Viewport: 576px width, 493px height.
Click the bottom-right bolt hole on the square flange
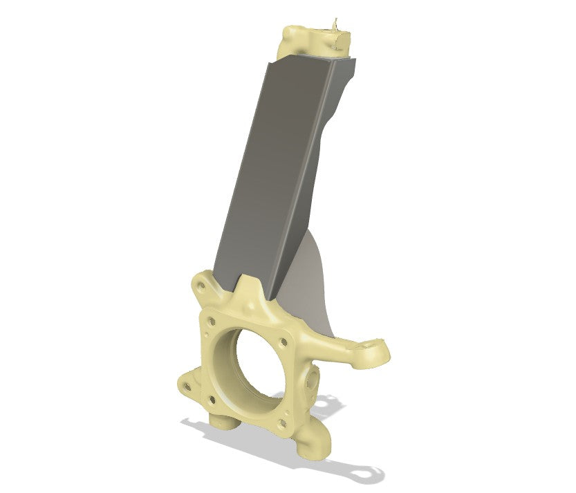(x=281, y=423)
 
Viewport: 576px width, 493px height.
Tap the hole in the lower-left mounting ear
(x=186, y=382)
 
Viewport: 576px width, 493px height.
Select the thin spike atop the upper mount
(x=336, y=24)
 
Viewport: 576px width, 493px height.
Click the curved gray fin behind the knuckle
(x=315, y=290)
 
